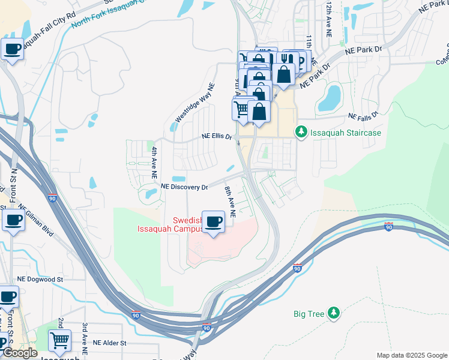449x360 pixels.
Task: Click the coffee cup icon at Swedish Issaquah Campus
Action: [x=213, y=222]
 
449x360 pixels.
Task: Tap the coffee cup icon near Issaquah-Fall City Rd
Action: [x=12, y=50]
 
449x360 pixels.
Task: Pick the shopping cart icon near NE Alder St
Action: [x=59, y=340]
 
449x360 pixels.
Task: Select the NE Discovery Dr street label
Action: [x=184, y=187]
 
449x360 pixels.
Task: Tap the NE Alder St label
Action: [x=110, y=343]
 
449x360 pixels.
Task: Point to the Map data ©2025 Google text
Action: [x=411, y=355]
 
